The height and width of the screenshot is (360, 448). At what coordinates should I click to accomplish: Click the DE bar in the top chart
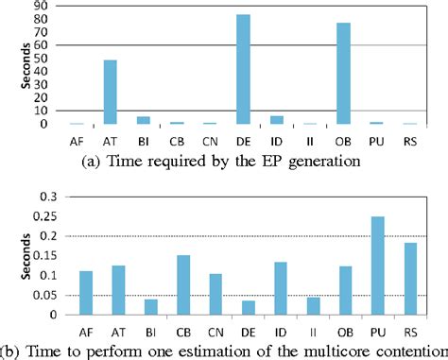243,69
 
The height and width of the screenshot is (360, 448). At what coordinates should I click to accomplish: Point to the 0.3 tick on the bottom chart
45,197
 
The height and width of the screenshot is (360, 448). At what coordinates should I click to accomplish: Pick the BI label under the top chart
143,142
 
